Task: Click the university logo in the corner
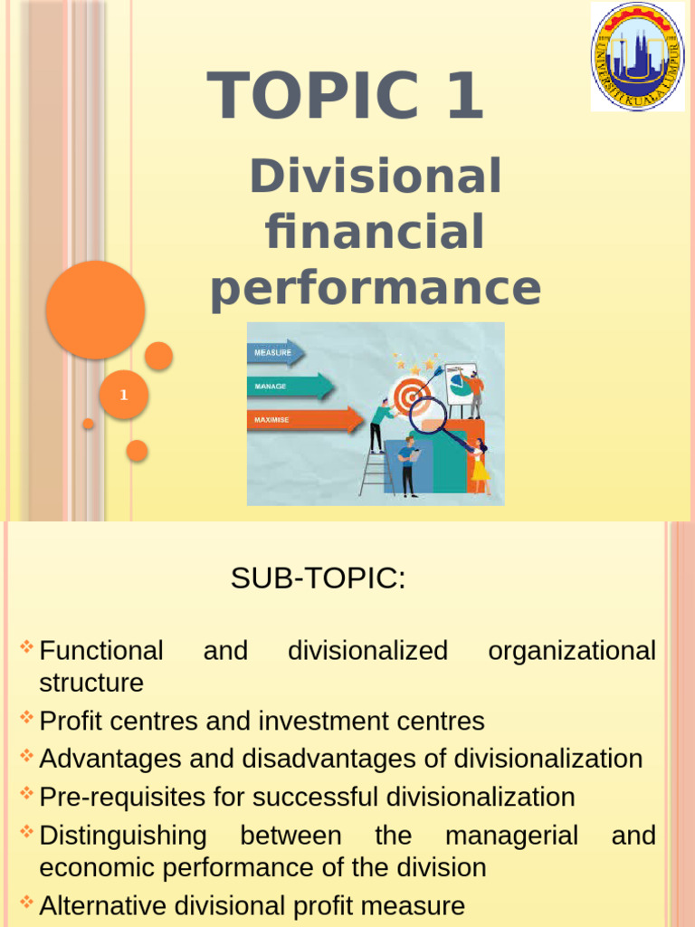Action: (x=638, y=56)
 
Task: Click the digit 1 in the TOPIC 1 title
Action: (x=463, y=96)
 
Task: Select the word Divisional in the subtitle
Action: (x=375, y=176)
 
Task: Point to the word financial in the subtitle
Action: (x=375, y=232)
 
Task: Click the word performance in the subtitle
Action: (x=375, y=289)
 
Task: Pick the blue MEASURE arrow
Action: (x=275, y=352)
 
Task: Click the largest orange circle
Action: (x=96, y=310)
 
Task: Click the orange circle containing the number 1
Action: (x=124, y=395)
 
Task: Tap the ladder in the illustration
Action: (x=375, y=466)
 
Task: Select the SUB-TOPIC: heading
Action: (x=319, y=579)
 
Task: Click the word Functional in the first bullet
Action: (x=101, y=651)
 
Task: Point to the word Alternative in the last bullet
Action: (x=102, y=905)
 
